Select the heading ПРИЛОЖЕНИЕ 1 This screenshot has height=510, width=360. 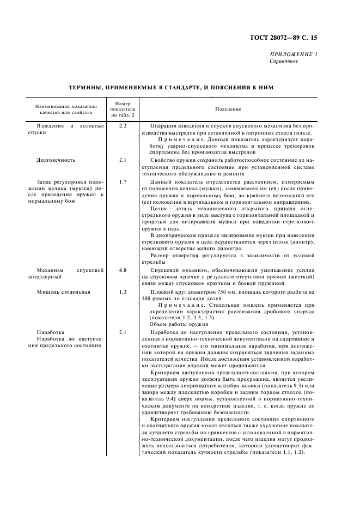click(x=294, y=54)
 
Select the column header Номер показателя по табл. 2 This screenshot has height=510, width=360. click(x=123, y=109)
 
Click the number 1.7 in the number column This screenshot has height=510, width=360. click(x=123, y=181)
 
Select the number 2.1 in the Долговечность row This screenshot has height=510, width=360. click(x=123, y=161)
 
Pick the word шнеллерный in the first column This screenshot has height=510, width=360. click(x=51, y=277)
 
